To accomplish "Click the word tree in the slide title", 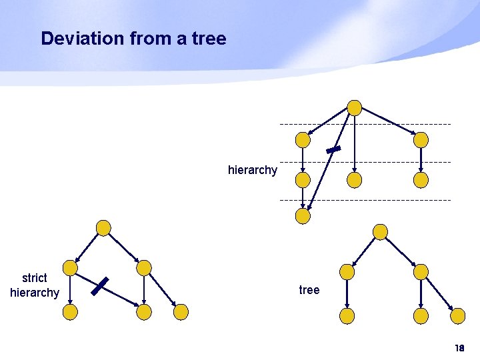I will point(209,39).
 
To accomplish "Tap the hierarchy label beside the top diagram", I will point(252,170).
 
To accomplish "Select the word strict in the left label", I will point(35,278).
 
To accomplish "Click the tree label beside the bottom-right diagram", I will point(309,290).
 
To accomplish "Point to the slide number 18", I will point(459,349).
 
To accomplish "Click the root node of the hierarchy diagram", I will point(355,107).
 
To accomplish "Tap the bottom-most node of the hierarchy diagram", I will point(303,215).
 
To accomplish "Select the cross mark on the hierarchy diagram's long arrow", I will point(334,150).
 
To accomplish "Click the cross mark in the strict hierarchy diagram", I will point(100,285).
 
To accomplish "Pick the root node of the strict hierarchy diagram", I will point(103,228).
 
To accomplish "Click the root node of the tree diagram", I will point(380,231).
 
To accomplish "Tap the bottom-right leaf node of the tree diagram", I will point(457,315).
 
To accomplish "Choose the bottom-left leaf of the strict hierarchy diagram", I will point(70,311).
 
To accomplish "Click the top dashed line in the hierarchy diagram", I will point(365,125).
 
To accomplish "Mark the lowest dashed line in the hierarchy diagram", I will point(365,200).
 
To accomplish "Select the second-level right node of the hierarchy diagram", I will point(421,140).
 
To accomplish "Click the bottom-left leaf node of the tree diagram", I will point(347,315).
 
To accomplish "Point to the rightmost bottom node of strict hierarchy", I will point(181,311).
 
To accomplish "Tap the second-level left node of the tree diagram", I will point(347,271).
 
